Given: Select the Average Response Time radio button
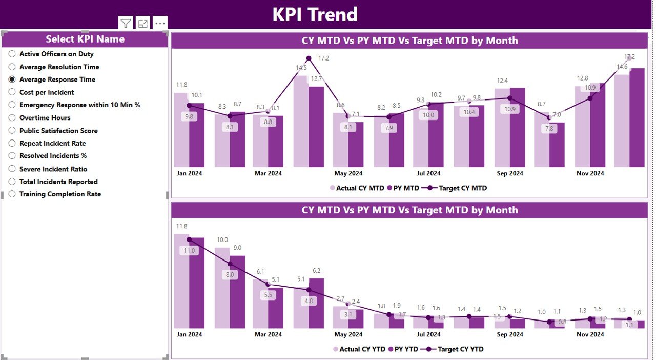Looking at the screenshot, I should (x=12, y=79).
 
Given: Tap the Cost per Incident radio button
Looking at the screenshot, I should (x=12, y=92).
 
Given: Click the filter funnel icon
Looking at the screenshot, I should (x=126, y=23).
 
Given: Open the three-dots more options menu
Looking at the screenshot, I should (x=160, y=23).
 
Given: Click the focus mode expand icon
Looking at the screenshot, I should (x=143, y=23).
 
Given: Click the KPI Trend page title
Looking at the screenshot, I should (x=315, y=14).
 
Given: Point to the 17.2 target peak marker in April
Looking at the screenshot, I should (x=309, y=58).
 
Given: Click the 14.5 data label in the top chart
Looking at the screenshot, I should (x=301, y=68).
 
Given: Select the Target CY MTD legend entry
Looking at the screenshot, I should (x=456, y=188).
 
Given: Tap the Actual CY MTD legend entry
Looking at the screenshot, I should (x=359, y=188).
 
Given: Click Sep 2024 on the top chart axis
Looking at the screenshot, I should (x=509, y=173).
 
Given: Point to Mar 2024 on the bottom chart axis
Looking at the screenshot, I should (x=268, y=334).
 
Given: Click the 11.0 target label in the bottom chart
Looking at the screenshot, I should (x=189, y=251).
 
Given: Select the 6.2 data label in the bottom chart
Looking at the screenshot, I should (x=316, y=271).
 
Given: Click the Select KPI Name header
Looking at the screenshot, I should (x=85, y=39).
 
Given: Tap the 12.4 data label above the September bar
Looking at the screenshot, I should (x=502, y=81).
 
